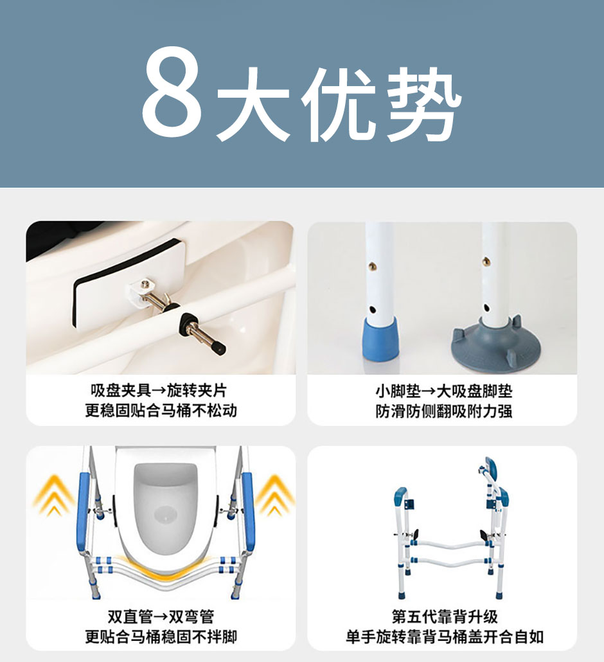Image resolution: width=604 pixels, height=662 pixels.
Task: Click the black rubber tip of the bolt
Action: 219,348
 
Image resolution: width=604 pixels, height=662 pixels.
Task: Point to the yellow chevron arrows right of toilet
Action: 274,494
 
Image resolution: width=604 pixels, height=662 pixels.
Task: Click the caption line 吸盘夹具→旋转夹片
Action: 159,391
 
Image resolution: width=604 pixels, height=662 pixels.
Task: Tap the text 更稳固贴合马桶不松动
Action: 161,411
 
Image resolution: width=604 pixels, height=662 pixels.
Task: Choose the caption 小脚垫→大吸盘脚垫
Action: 444,391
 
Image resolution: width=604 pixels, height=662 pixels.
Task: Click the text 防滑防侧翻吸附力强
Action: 444,411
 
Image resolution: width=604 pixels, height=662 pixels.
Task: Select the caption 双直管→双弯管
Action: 161,617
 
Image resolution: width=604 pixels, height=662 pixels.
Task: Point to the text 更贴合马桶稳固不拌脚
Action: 161,637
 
